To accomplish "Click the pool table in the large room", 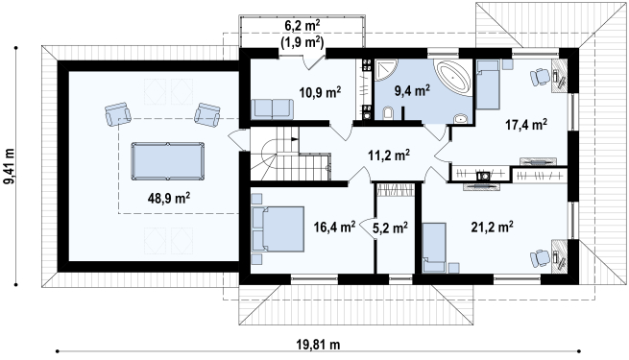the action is [x=168, y=161].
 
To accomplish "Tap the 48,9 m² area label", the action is [x=168, y=198].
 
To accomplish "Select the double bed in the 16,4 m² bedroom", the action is [x=278, y=228].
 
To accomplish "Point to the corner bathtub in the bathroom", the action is [x=454, y=78].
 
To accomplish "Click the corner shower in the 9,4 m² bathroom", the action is [x=385, y=70].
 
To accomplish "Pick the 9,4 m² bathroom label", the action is [x=412, y=90].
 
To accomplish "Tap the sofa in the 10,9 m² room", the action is [x=272, y=109].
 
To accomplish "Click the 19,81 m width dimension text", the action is [x=318, y=344].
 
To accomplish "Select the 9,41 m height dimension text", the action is [x=9, y=166].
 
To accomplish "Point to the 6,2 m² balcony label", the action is [x=302, y=26].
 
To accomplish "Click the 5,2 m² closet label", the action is [x=390, y=228].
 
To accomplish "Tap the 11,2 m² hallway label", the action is [x=389, y=155].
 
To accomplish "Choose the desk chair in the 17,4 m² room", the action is [x=540, y=77].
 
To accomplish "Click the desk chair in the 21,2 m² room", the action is [x=540, y=258].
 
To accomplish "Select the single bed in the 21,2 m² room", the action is [x=434, y=248].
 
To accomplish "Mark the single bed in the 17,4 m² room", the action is [x=488, y=84].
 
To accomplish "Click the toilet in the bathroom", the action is [x=388, y=113].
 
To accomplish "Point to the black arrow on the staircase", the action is [x=295, y=139].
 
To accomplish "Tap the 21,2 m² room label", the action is [x=493, y=227].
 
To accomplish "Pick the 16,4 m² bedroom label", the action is [x=334, y=227].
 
